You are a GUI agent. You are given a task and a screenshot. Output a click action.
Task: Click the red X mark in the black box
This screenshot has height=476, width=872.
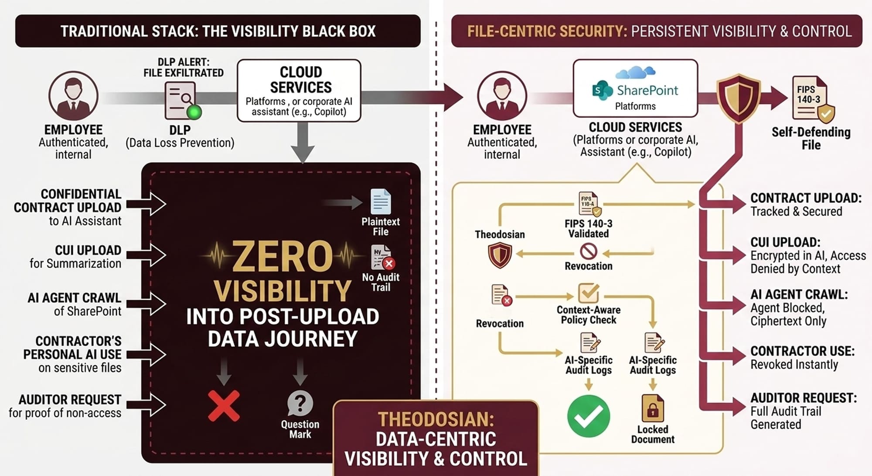224,406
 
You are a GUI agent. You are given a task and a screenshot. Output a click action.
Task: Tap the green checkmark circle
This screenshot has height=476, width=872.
588,416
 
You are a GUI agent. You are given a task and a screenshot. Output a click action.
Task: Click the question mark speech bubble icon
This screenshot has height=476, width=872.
300,403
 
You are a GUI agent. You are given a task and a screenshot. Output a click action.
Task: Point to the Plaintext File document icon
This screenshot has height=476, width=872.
380,202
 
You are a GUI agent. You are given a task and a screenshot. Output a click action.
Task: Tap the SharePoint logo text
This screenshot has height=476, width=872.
647,90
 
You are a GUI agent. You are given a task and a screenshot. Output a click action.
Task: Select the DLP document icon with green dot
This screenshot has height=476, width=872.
181,101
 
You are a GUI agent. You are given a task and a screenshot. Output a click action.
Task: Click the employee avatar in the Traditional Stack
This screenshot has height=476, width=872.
73,96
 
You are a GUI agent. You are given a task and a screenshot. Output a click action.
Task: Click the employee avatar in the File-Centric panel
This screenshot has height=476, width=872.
502,96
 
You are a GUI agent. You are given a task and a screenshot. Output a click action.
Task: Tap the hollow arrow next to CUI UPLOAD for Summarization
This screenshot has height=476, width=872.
147,255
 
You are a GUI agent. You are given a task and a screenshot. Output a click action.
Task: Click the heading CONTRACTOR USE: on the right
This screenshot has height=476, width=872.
802,351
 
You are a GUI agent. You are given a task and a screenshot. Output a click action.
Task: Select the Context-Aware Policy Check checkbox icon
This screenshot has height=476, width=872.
588,293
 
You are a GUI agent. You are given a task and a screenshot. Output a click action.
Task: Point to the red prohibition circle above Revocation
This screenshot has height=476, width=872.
588,251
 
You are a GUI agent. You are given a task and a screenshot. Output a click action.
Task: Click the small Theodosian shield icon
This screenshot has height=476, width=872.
500,255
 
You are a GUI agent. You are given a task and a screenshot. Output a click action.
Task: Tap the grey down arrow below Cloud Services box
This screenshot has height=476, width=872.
303,142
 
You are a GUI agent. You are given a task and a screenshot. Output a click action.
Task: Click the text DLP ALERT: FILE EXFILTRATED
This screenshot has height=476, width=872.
184,68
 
